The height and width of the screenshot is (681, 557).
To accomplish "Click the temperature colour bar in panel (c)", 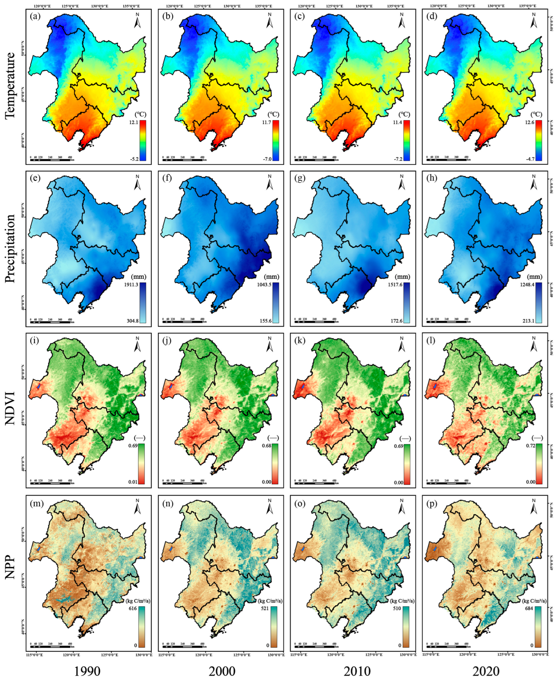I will coord(407,140).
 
